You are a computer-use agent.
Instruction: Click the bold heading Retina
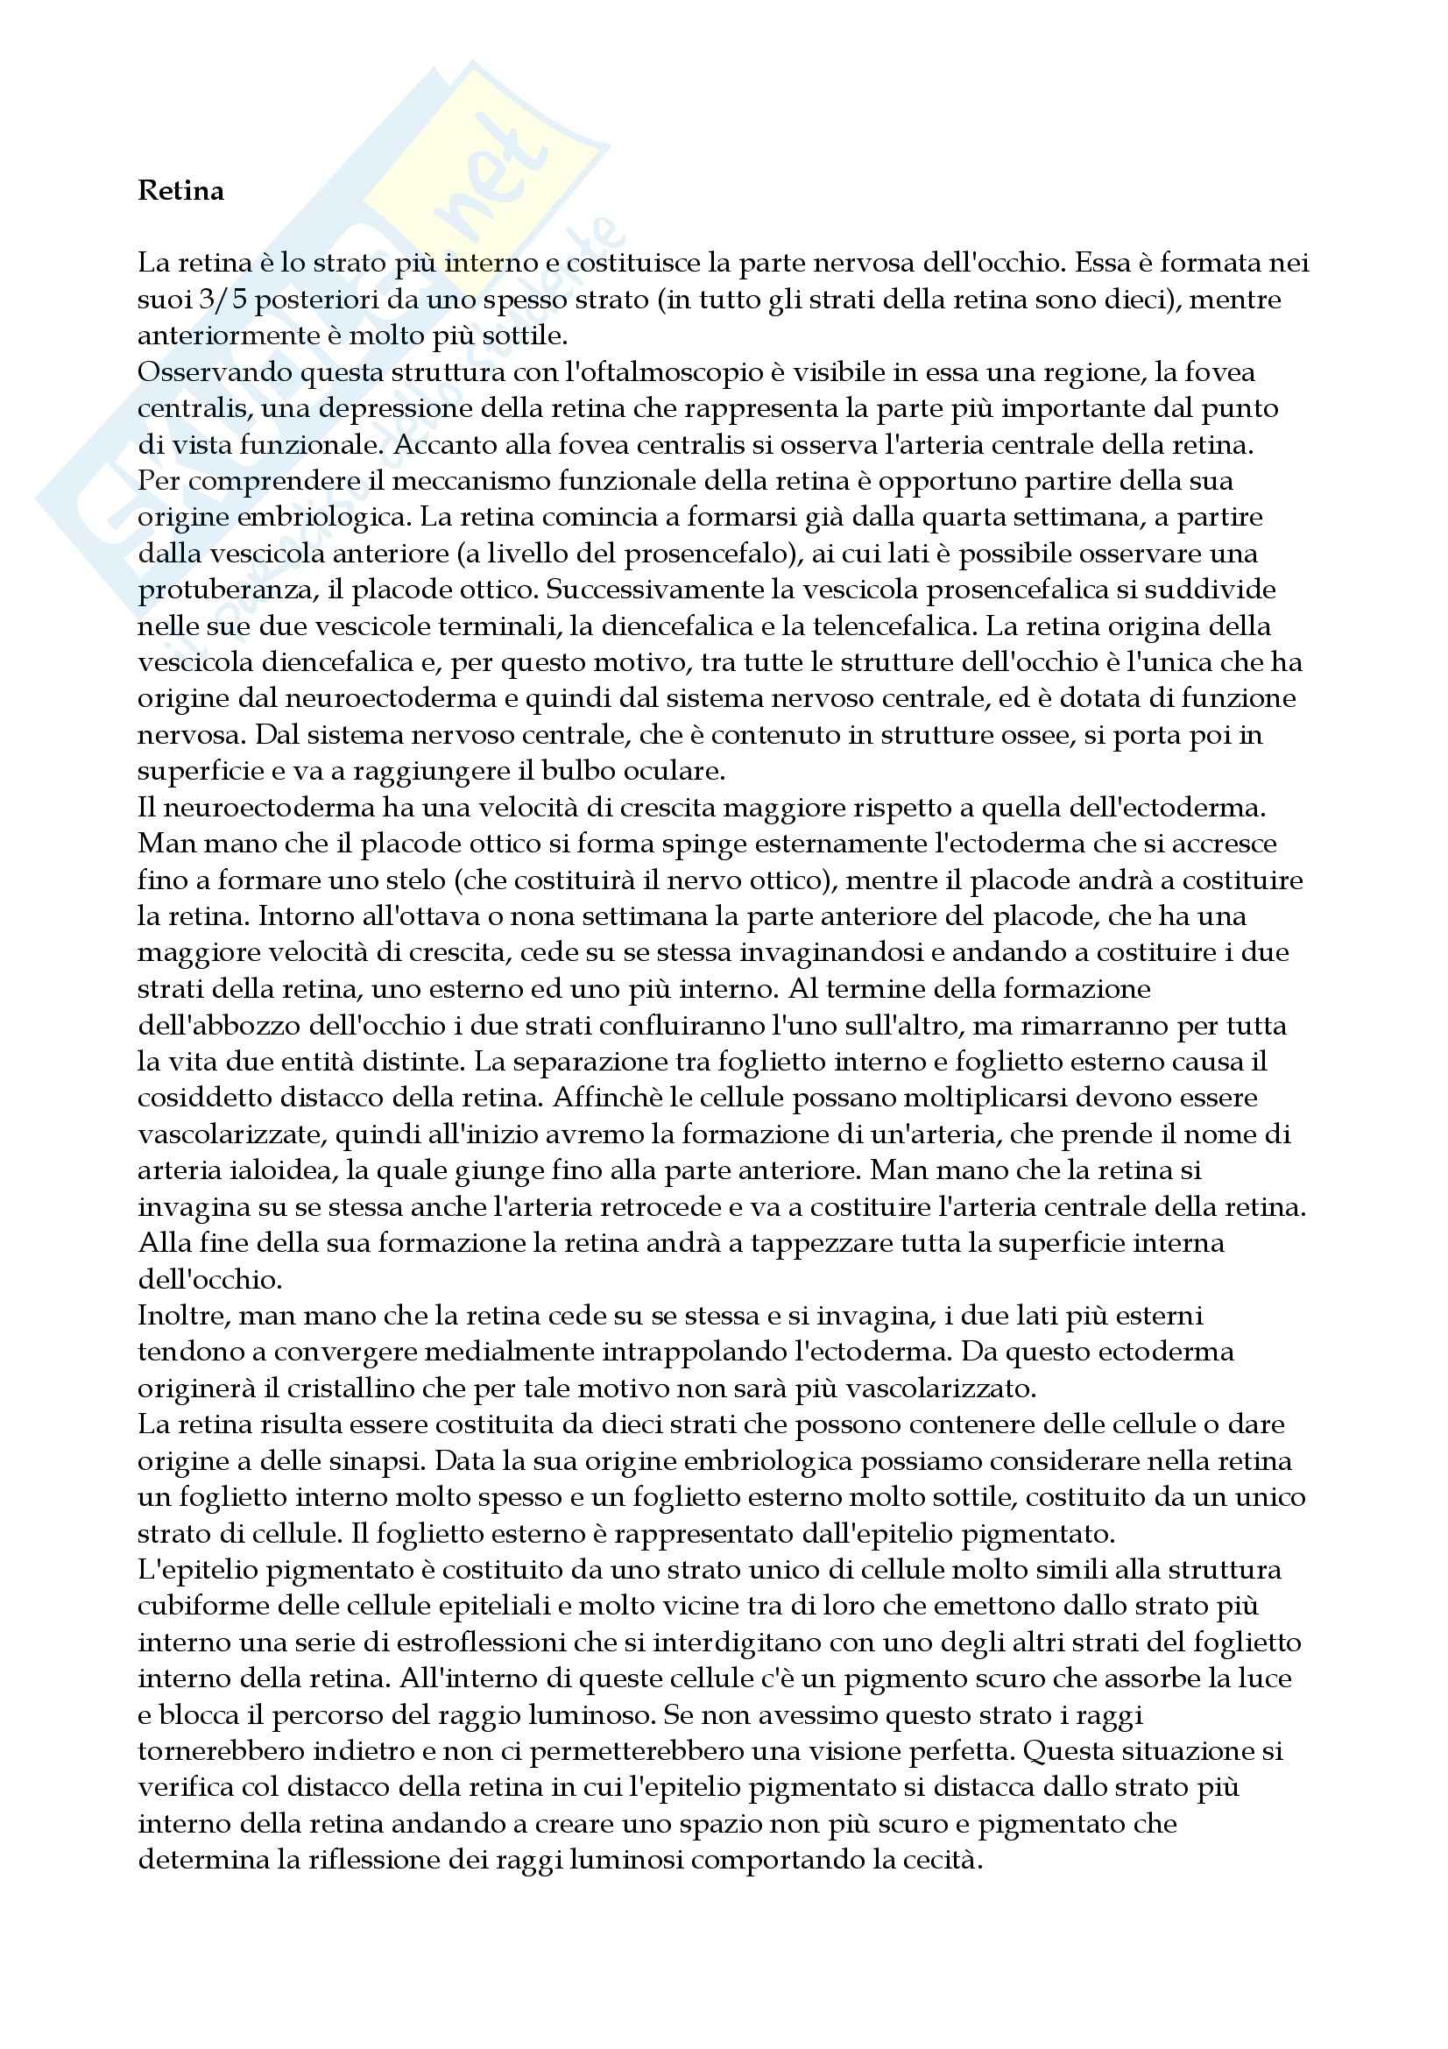pos(180,191)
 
